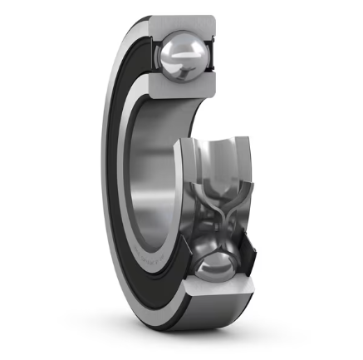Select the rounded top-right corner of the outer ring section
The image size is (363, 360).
pyautogui.click(x=213, y=21)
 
